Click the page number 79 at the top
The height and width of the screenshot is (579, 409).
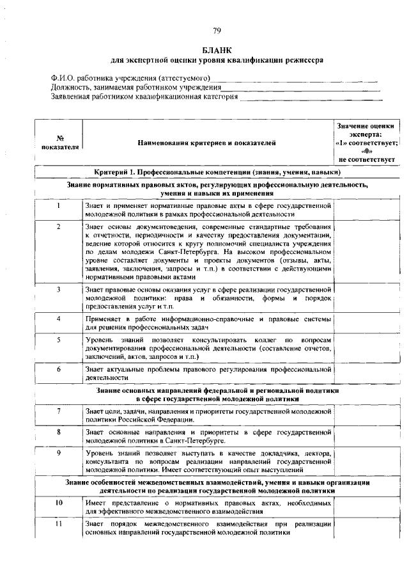(217, 31)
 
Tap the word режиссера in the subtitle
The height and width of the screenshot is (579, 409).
(304, 60)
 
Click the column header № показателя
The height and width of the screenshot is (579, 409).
(58, 142)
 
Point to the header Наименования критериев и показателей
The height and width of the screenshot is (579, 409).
(207, 142)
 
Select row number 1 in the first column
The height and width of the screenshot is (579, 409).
(58, 206)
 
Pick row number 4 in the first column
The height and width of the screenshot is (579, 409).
(58, 318)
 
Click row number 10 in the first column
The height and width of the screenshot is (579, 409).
(58, 503)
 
